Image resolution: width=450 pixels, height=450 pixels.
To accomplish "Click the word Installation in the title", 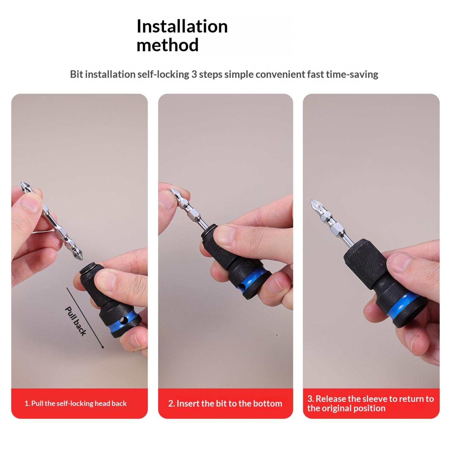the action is (182, 26).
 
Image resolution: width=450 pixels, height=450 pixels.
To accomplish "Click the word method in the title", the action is (168, 45).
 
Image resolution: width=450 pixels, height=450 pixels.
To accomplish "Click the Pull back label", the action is (75, 321).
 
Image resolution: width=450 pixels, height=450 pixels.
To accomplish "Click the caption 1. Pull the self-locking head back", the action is (76, 403).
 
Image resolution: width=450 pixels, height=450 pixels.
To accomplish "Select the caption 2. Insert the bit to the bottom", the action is (225, 403).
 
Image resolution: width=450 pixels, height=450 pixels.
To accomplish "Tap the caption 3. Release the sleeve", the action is (370, 403).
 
